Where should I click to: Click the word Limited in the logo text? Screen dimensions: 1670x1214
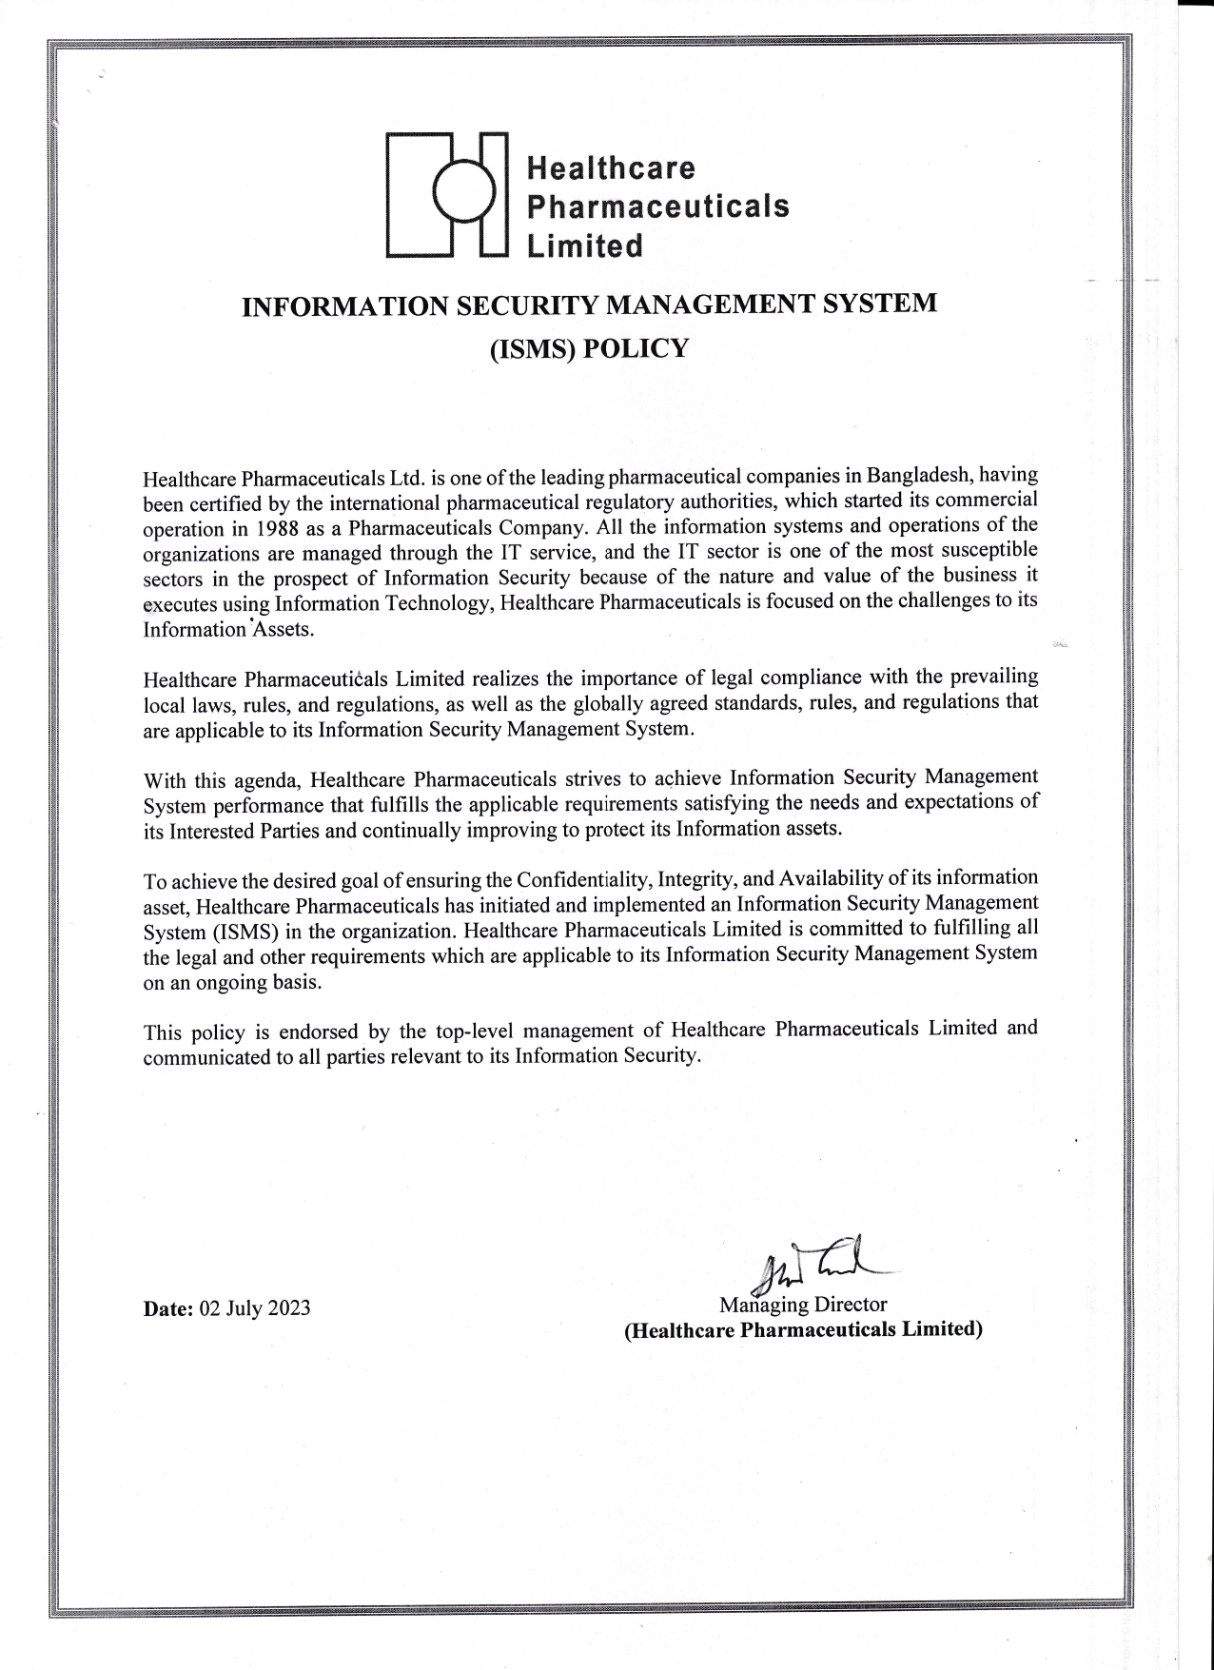click(x=585, y=246)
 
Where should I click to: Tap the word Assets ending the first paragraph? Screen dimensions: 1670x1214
click(x=283, y=630)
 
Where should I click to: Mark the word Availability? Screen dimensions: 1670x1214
click(x=826, y=876)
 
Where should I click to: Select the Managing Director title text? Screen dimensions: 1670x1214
click(x=803, y=1304)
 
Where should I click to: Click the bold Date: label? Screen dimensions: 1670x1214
click(x=167, y=1308)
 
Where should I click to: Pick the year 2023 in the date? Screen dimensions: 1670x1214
click(x=288, y=1307)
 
